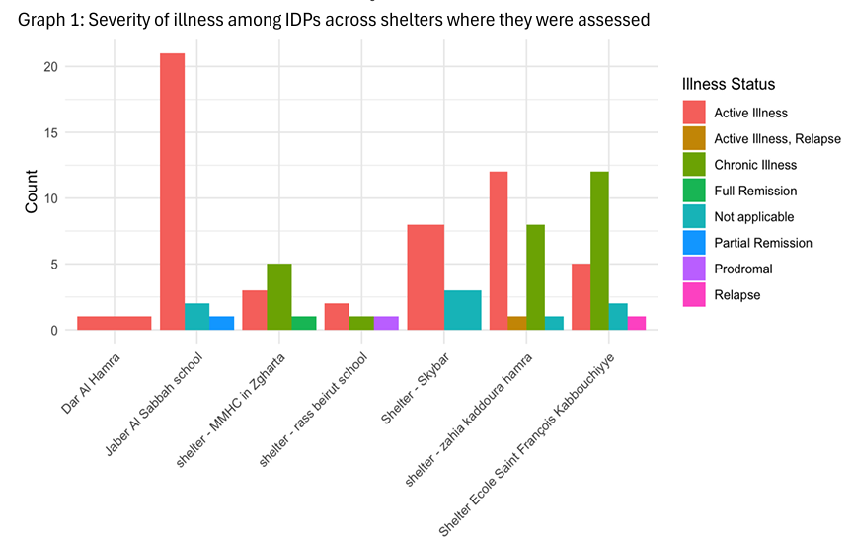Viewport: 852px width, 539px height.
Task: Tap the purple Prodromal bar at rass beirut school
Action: pos(386,323)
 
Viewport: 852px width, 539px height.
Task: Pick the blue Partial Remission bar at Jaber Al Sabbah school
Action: pos(221,323)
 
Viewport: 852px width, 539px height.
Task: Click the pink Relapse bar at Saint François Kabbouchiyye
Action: pos(636,323)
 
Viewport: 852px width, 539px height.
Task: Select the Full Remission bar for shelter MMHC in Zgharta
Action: pos(303,323)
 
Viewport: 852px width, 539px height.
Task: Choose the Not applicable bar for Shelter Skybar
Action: pos(463,310)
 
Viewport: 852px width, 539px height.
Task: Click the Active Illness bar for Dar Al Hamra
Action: pos(115,323)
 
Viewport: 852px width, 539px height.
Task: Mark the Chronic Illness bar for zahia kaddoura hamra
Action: pos(535,277)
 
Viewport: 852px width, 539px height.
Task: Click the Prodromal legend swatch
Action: pos(695,268)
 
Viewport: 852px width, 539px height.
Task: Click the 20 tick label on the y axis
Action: pos(49,67)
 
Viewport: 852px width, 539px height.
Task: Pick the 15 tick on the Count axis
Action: pos(49,132)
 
